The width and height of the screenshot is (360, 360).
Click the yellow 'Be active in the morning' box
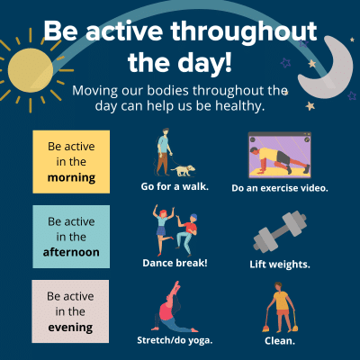pos(71,162)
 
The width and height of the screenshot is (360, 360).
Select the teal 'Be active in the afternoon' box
pos(71,237)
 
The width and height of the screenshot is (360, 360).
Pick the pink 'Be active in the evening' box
pos(71,310)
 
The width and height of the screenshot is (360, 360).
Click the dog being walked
pos(184,168)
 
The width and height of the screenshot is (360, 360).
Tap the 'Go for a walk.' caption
pos(175,187)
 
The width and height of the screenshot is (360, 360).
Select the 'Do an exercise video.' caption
pos(279,188)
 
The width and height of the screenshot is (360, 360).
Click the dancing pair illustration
pos(175,229)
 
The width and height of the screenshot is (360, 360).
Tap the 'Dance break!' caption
pos(175,263)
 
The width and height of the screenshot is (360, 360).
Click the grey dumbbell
pos(279,231)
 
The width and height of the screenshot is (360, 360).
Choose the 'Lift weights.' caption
pos(279,264)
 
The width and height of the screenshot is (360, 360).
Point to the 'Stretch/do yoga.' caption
pos(175,341)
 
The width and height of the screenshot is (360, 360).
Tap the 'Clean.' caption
pos(279,341)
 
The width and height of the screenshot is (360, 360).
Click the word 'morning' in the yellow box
pos(71,177)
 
